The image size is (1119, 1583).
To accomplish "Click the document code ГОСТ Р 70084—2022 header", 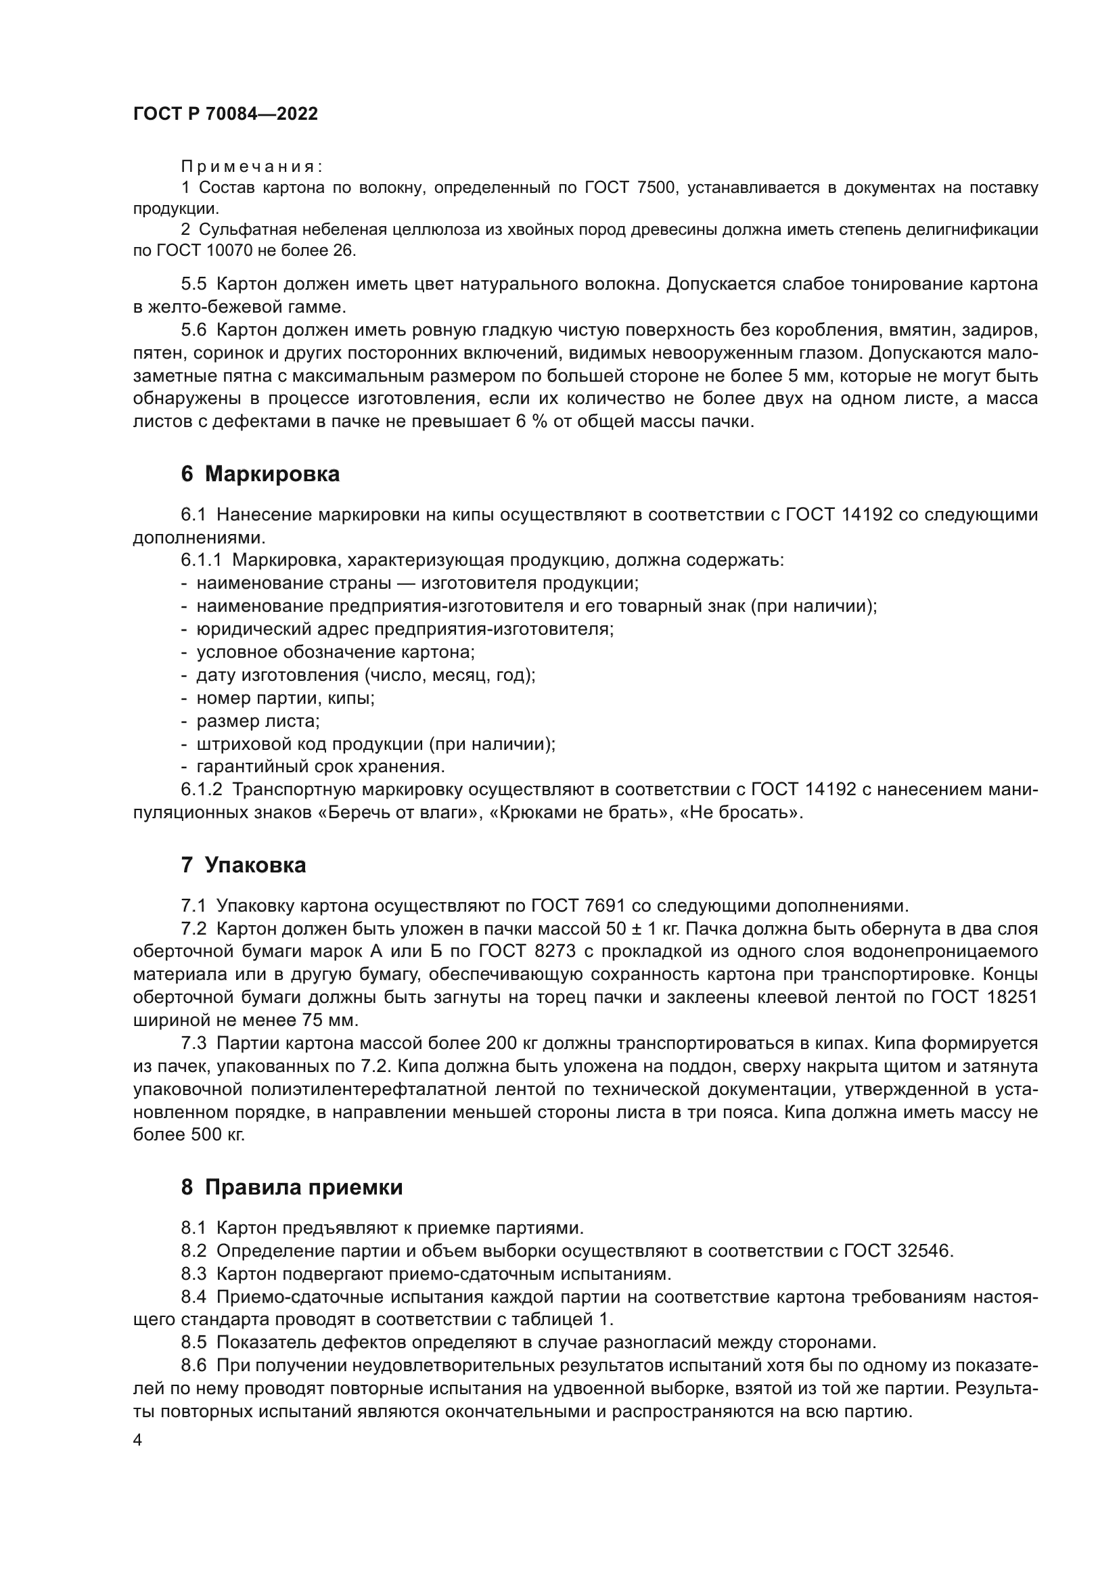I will click(x=225, y=114).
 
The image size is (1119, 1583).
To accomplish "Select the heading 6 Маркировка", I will click(x=260, y=474).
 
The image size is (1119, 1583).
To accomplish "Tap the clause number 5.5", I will click(x=193, y=284).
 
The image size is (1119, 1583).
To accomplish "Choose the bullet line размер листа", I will click(x=258, y=721).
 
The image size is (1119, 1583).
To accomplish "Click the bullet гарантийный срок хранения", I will click(x=321, y=767).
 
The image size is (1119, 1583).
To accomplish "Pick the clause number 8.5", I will click(x=193, y=1342).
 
